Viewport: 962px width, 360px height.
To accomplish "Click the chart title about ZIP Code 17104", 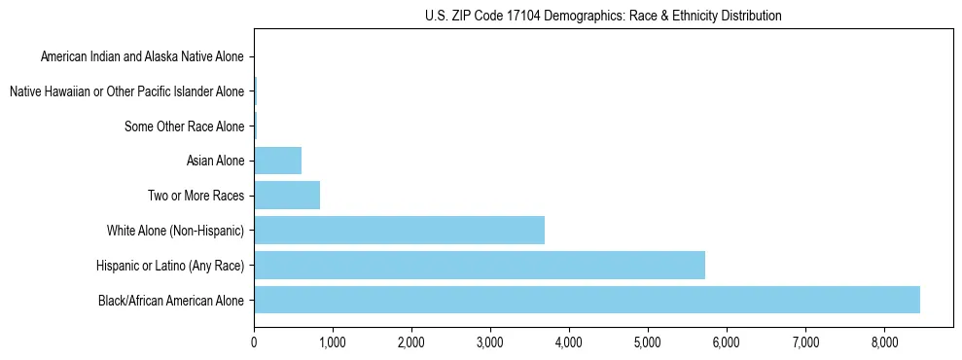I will (x=603, y=16).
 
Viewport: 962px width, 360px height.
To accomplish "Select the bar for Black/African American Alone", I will (x=587, y=300).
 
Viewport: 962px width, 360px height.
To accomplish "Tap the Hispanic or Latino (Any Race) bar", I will (x=480, y=265).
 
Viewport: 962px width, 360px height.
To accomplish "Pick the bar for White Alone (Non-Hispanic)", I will (x=399, y=231).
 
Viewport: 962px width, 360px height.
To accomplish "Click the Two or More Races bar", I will (x=287, y=196).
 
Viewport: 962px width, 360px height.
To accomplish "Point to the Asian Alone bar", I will (x=277, y=161).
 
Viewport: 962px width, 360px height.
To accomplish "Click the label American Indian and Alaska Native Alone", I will (x=143, y=56).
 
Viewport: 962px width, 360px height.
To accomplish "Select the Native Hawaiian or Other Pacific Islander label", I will (x=126, y=91).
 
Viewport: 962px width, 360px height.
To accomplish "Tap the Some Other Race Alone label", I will (x=185, y=126).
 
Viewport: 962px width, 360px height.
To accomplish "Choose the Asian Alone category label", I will (x=215, y=161).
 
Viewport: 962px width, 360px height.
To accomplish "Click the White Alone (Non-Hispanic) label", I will (x=176, y=231).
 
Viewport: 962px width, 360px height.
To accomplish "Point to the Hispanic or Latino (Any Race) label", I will (x=170, y=265).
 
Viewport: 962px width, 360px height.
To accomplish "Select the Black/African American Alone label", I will (x=171, y=300).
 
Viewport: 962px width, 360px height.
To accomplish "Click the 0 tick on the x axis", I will (x=254, y=342).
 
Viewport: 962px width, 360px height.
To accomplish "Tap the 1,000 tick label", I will (x=333, y=342).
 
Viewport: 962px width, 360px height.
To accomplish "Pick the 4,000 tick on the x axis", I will (x=569, y=342).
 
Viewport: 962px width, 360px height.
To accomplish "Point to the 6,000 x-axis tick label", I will (x=727, y=342).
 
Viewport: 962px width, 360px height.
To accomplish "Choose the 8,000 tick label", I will (x=884, y=342).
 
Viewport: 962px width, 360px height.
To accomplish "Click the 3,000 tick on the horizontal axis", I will (x=490, y=342).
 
